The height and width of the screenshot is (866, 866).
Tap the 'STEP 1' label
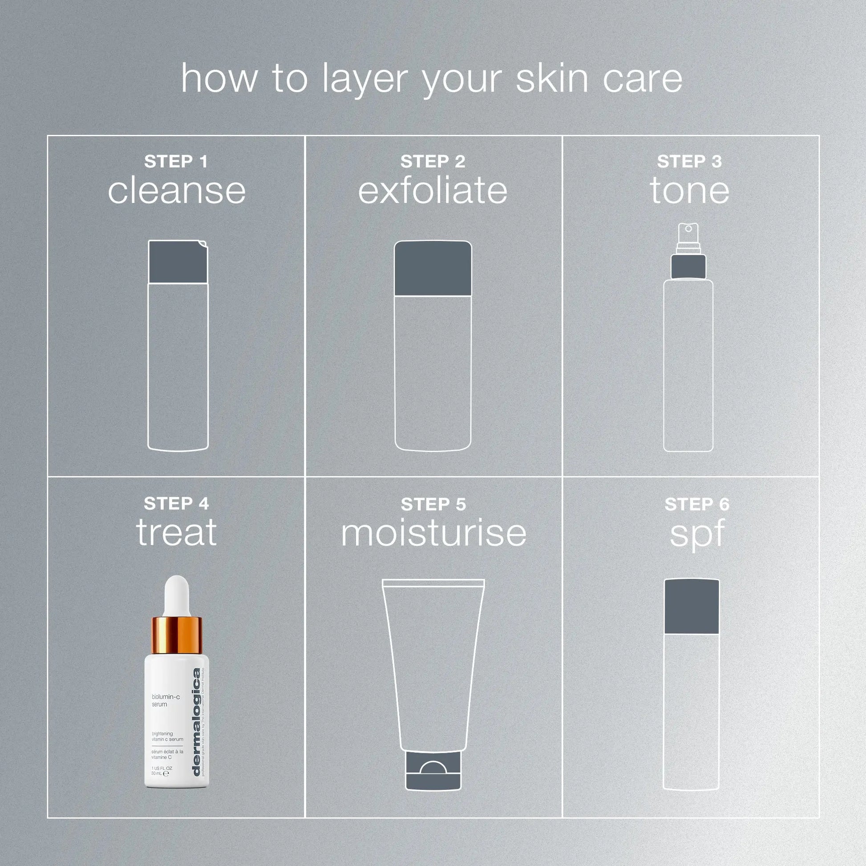click(176, 162)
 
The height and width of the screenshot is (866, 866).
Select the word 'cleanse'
click(177, 191)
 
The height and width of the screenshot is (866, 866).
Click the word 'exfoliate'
click(433, 191)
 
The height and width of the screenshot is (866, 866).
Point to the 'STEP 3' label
click(689, 162)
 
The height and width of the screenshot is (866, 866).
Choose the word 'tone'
click(689, 191)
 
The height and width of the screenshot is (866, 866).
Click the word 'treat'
click(177, 533)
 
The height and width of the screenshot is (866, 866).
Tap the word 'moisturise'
click(433, 534)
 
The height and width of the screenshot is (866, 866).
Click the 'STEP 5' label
click(433, 504)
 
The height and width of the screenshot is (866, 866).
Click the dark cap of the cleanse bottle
click(178, 262)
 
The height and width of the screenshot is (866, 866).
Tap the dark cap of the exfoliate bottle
click(433, 268)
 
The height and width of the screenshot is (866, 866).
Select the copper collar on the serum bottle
click(177, 635)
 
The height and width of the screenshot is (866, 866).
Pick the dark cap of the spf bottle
click(691, 607)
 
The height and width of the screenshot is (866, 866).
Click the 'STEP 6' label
click(696, 504)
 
